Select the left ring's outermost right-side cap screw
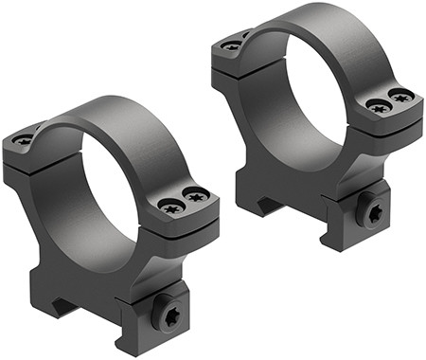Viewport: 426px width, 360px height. coord(197,197)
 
